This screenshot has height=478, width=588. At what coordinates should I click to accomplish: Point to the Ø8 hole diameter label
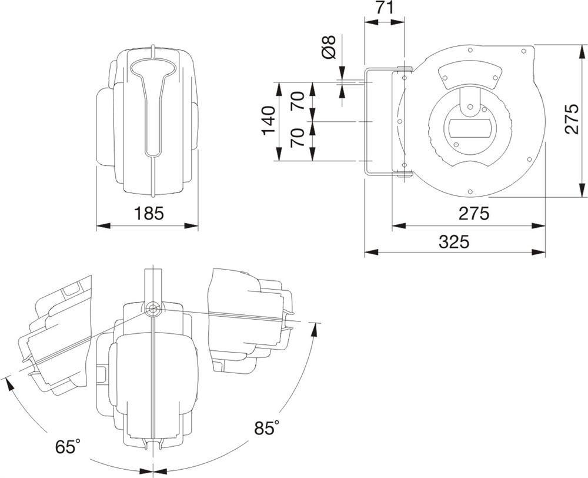click(329, 47)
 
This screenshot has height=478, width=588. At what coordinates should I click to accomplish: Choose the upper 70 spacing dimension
click(298, 101)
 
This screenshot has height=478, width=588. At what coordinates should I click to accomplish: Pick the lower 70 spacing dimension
click(298, 140)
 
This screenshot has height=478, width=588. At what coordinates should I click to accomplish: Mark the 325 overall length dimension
click(453, 241)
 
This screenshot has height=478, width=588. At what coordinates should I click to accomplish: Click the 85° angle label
click(266, 428)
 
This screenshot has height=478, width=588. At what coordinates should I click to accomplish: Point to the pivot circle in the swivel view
click(152, 308)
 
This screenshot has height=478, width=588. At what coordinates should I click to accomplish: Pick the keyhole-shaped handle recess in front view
click(152, 100)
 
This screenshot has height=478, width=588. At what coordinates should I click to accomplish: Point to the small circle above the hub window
click(469, 107)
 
